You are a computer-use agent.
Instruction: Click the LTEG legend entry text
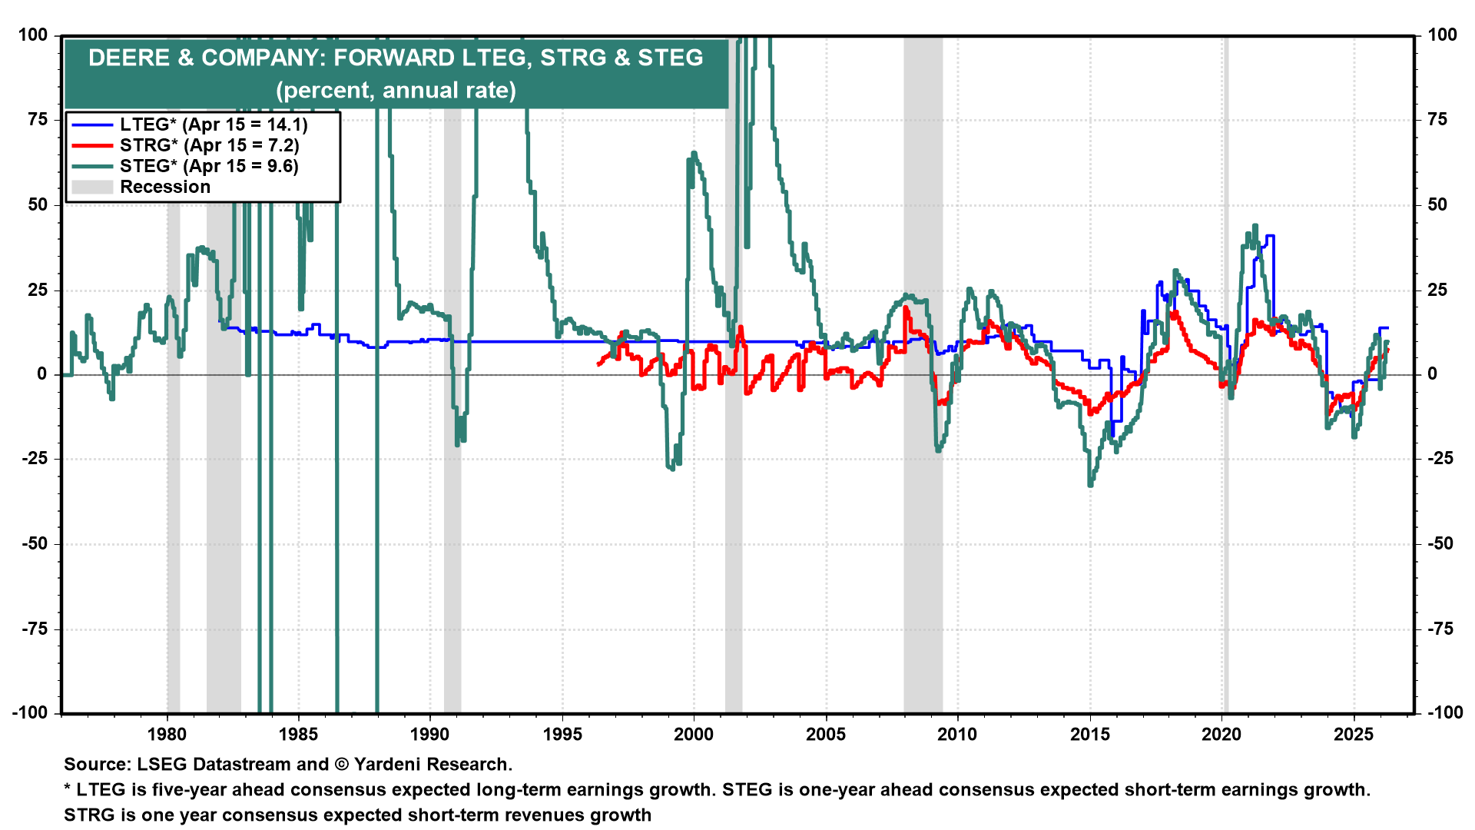tap(214, 124)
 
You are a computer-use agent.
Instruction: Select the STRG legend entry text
tap(209, 145)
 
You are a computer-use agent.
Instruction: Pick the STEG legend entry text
tap(209, 166)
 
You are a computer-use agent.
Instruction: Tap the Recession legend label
tap(165, 187)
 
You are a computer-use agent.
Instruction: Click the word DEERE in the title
tap(128, 58)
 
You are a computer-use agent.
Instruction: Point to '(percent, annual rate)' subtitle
tap(396, 90)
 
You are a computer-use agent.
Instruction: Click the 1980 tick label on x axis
tap(167, 734)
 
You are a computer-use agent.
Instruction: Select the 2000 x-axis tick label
tap(694, 734)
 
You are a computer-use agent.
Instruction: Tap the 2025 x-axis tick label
tap(1353, 734)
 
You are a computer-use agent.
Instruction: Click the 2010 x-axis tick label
tap(957, 734)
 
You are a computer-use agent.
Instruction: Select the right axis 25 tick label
tap(1437, 290)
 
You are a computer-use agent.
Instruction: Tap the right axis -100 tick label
tap(1444, 712)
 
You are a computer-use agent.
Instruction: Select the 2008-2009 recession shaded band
tap(923, 538)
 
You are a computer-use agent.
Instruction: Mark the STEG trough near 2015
tap(1090, 484)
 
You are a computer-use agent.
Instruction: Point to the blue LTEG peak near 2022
tap(1270, 236)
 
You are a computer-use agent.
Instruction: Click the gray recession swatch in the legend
tap(92, 187)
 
